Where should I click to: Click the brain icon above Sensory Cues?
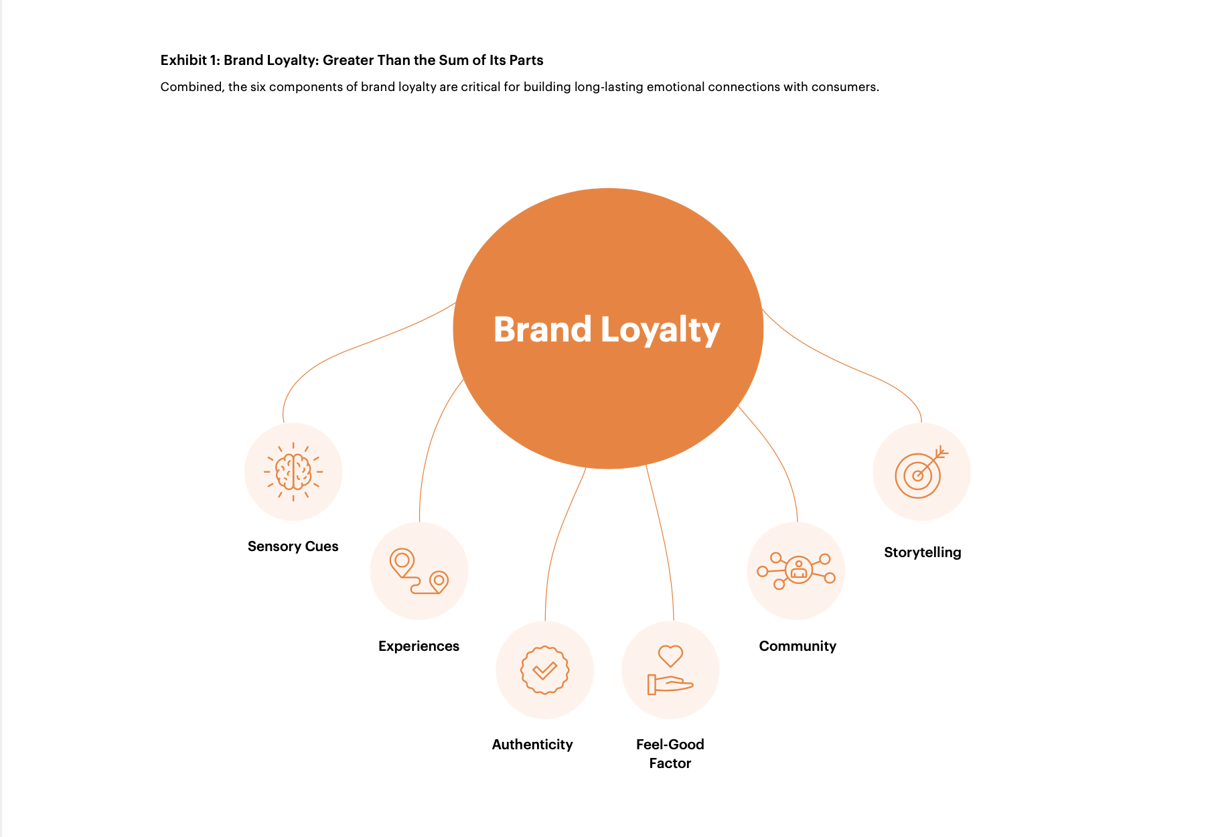pyautogui.click(x=293, y=471)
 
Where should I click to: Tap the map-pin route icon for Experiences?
pyautogui.click(x=419, y=571)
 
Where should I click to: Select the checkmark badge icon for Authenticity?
pyautogui.click(x=545, y=670)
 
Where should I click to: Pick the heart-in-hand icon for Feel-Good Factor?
pyautogui.click(x=670, y=670)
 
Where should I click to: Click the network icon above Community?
pyautogui.click(x=796, y=570)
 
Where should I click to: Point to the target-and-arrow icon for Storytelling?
pyautogui.click(x=921, y=472)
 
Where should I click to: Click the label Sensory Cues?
pyautogui.click(x=293, y=546)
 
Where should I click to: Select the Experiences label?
pyautogui.click(x=419, y=646)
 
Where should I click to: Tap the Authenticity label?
pyautogui.click(x=532, y=745)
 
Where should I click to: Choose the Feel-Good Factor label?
pyautogui.click(x=670, y=753)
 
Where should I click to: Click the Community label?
pyautogui.click(x=798, y=646)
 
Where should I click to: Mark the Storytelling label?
pyautogui.click(x=922, y=552)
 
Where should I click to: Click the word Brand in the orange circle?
pyautogui.click(x=542, y=329)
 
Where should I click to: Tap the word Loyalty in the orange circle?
pyautogui.click(x=660, y=331)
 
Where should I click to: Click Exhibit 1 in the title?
pyautogui.click(x=189, y=60)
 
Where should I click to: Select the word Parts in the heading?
pyautogui.click(x=526, y=60)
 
